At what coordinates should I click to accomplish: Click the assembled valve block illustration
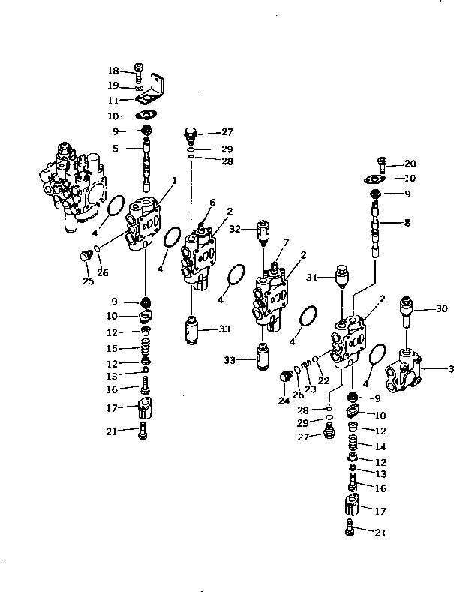[x=74, y=186]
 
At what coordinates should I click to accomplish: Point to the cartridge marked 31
[x=342, y=277]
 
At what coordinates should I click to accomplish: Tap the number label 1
[x=174, y=180]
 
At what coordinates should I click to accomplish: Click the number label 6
[x=212, y=203]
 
